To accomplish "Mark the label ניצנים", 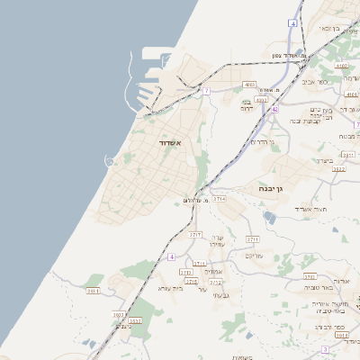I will (124, 326).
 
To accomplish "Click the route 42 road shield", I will (274, 109).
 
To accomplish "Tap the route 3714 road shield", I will (219, 197).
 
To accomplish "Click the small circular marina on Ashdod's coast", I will (110, 161).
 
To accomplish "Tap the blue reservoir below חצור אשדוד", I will (270, 217).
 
